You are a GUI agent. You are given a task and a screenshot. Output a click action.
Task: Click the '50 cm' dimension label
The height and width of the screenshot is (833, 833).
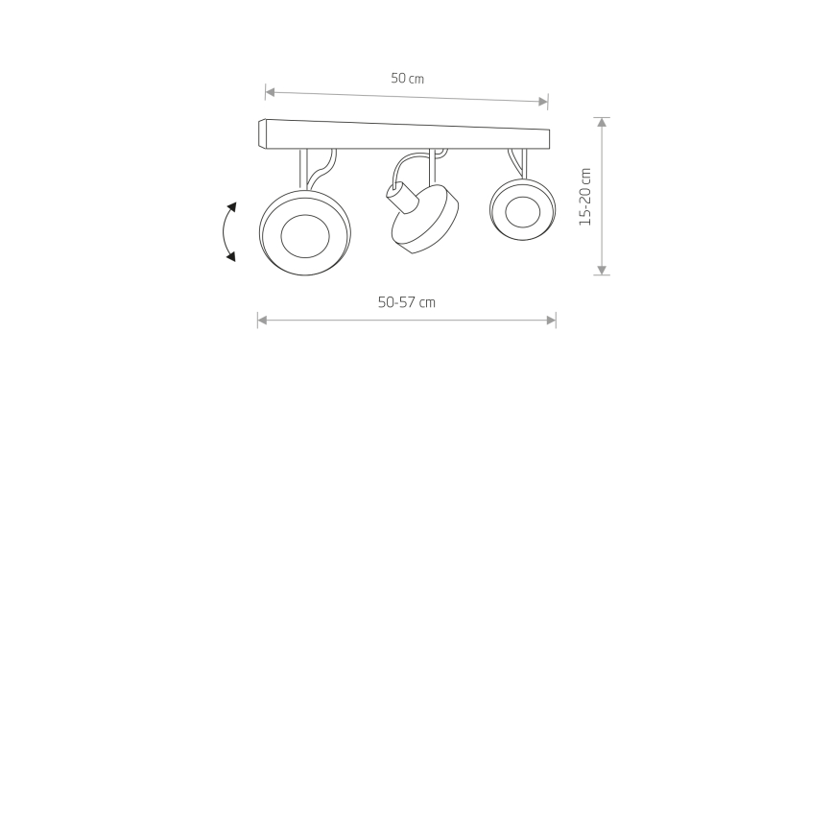[x=408, y=79]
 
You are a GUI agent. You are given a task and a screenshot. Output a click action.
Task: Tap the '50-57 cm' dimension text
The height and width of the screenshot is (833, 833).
[x=406, y=302]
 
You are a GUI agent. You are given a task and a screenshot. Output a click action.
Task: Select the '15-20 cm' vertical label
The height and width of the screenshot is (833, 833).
[x=584, y=197]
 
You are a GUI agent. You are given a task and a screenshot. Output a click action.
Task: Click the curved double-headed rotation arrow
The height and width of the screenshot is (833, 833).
[x=225, y=232]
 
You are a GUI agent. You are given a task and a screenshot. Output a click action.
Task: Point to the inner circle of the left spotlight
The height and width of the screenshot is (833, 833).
[x=305, y=236]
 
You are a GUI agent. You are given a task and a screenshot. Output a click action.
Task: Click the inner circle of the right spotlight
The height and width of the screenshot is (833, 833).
[x=523, y=212]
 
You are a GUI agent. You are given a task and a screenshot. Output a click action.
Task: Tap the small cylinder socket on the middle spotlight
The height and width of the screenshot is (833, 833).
[x=401, y=197]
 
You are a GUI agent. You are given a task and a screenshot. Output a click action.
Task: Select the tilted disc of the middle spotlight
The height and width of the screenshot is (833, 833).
[x=426, y=220]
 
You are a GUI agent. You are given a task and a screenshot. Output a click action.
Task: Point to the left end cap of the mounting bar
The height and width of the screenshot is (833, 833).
[x=262, y=134]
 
